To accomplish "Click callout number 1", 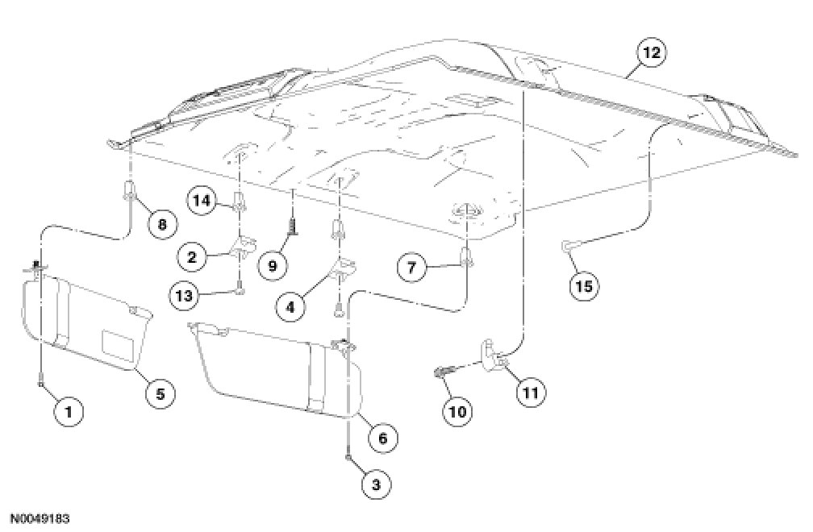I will coord(69,412).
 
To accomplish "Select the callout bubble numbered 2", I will coord(191,257).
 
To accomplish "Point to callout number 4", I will coord(290,305).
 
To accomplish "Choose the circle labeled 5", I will coord(160,393).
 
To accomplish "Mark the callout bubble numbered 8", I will coord(162,225).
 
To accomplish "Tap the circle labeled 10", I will coord(457,411).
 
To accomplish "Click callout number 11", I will coord(530,393).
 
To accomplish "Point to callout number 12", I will coord(651,53).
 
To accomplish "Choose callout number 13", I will coord(184,295).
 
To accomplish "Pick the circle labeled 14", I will coord(203,200).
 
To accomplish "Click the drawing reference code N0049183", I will coord(45,517).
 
